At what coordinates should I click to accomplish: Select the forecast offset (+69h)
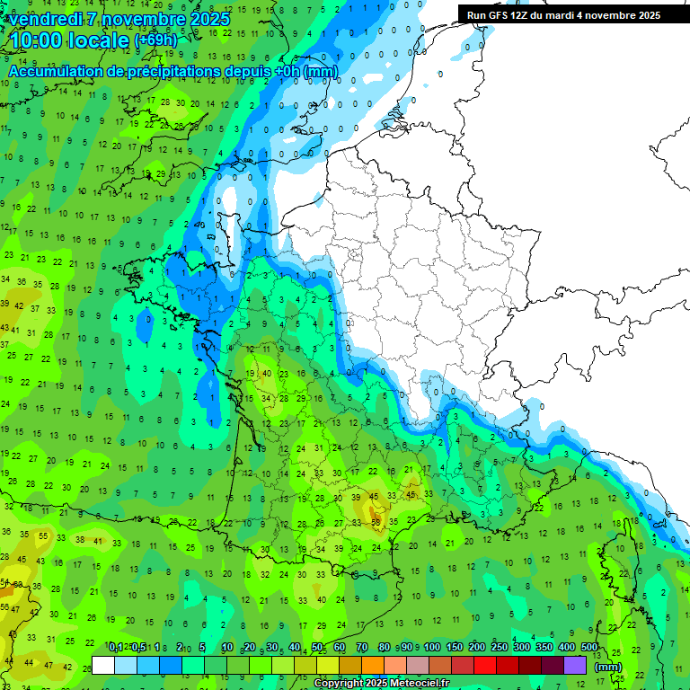click(x=155, y=40)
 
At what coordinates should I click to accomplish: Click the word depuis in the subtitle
click(x=246, y=71)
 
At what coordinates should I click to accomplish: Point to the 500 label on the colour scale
click(x=589, y=647)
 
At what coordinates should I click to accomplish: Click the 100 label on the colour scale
click(x=432, y=647)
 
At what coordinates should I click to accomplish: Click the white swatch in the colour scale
click(x=103, y=665)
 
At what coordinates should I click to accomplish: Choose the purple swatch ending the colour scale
click(x=575, y=665)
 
